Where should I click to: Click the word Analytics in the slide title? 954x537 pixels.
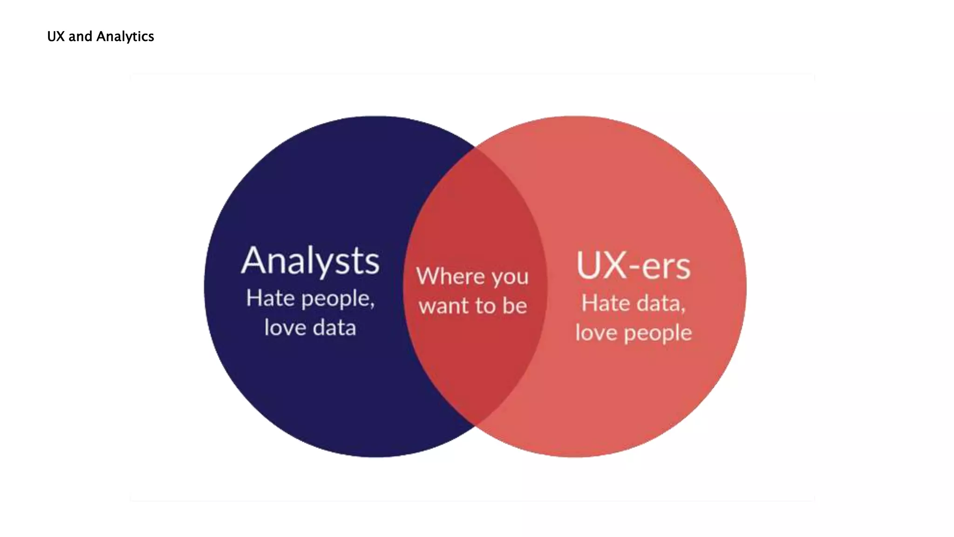(125, 36)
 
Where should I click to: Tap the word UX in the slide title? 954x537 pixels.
(56, 36)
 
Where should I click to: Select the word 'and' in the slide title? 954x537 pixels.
(80, 36)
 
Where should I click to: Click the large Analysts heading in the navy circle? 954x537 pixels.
(310, 261)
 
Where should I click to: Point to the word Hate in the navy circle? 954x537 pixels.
(270, 298)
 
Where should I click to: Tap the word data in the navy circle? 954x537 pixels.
(334, 327)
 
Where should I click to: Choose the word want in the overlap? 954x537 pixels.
(443, 306)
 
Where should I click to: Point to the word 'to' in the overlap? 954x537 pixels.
(485, 306)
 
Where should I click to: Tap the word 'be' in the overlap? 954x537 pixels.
(514, 306)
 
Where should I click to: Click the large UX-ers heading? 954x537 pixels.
(634, 266)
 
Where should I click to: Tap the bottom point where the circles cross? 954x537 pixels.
(475, 425)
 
